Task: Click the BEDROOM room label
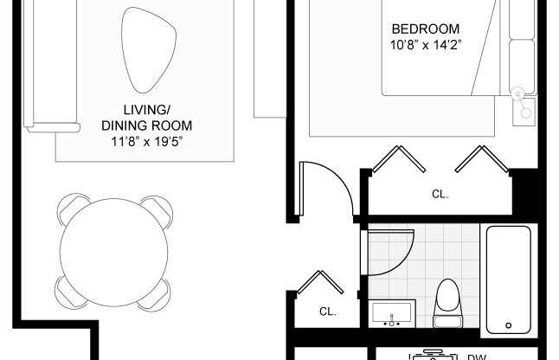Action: (425, 29)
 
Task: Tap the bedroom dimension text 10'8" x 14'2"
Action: (425, 44)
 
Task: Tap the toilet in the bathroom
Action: (448, 302)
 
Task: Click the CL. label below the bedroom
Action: (440, 195)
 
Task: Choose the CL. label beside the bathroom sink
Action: (327, 312)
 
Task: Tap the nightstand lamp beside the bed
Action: (521, 95)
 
